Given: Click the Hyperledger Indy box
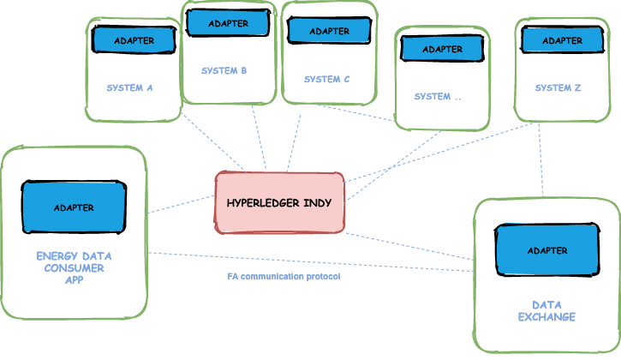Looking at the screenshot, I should (x=279, y=203).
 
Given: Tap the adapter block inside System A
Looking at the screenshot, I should (x=134, y=39).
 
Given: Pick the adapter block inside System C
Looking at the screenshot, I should (x=328, y=30).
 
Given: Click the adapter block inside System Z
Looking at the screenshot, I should (x=562, y=39).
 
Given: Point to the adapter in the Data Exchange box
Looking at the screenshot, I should (x=546, y=250).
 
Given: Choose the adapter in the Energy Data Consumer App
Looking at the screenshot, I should (x=74, y=207).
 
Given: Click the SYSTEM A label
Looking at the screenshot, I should (x=129, y=88).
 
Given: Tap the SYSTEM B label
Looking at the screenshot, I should (x=224, y=71).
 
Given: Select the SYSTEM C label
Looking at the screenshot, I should (x=327, y=80).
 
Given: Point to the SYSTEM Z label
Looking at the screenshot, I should (x=558, y=88).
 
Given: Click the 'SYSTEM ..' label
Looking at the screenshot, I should (x=438, y=97).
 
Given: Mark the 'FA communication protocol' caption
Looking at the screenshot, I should (x=284, y=277).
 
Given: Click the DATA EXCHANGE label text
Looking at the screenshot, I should (x=546, y=311).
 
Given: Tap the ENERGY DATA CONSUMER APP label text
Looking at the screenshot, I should (x=74, y=267).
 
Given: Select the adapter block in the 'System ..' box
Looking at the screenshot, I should (x=441, y=49).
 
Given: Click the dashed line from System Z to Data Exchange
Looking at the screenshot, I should (x=541, y=163).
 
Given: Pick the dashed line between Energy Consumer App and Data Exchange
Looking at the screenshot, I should (x=308, y=261).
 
